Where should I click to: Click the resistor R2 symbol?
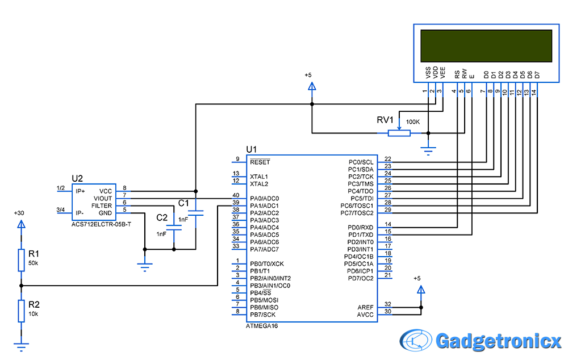[21, 311]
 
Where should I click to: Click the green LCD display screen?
[486, 45]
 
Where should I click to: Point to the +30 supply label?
[19, 213]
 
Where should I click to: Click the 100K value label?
[413, 122]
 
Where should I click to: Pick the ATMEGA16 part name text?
[262, 326]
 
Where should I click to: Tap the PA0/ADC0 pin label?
[264, 198]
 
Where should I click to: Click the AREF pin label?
[365, 307]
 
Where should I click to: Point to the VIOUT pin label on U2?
[102, 198]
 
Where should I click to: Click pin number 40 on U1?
[235, 195]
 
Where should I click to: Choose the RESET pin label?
[260, 162]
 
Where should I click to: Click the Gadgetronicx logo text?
[498, 341]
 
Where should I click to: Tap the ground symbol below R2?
[21, 345]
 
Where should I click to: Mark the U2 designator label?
[77, 178]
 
